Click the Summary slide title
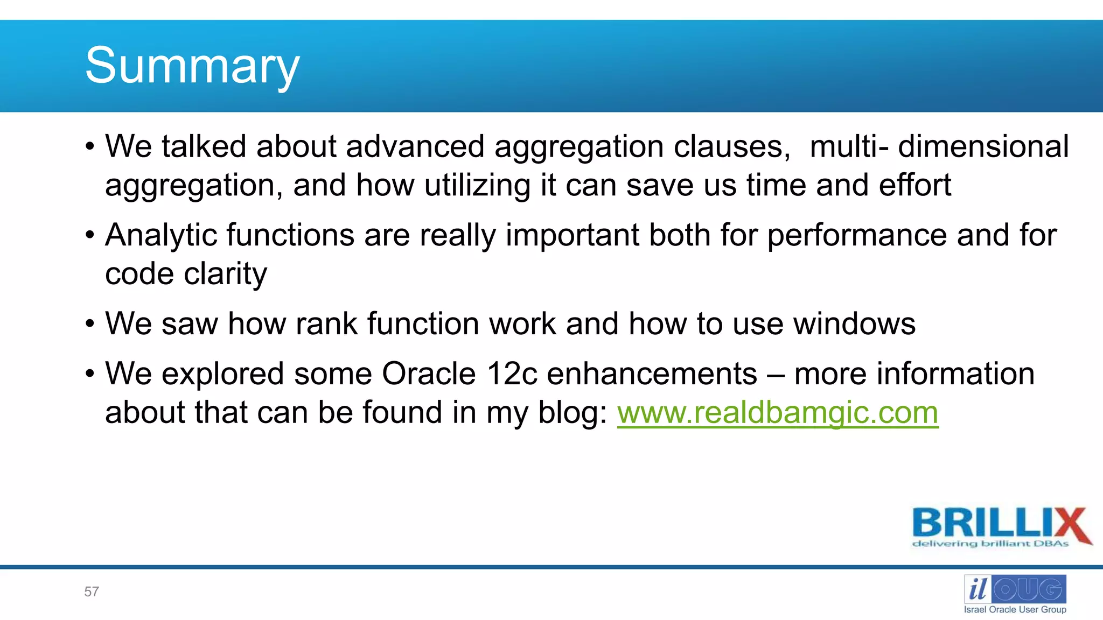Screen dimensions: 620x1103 [192, 66]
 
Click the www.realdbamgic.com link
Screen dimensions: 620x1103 [777, 413]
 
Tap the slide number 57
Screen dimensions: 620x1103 [92, 591]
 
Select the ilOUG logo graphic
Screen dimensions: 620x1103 [1015, 589]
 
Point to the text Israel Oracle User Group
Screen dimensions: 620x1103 [1015, 610]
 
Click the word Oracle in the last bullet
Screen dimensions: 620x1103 [429, 374]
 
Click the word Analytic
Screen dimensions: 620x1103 [162, 235]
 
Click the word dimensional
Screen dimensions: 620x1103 [983, 146]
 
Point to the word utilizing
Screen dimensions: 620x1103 [477, 185]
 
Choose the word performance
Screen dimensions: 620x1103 [857, 235]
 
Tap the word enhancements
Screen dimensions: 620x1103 [652, 374]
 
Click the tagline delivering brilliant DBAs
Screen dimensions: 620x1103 [990, 544]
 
